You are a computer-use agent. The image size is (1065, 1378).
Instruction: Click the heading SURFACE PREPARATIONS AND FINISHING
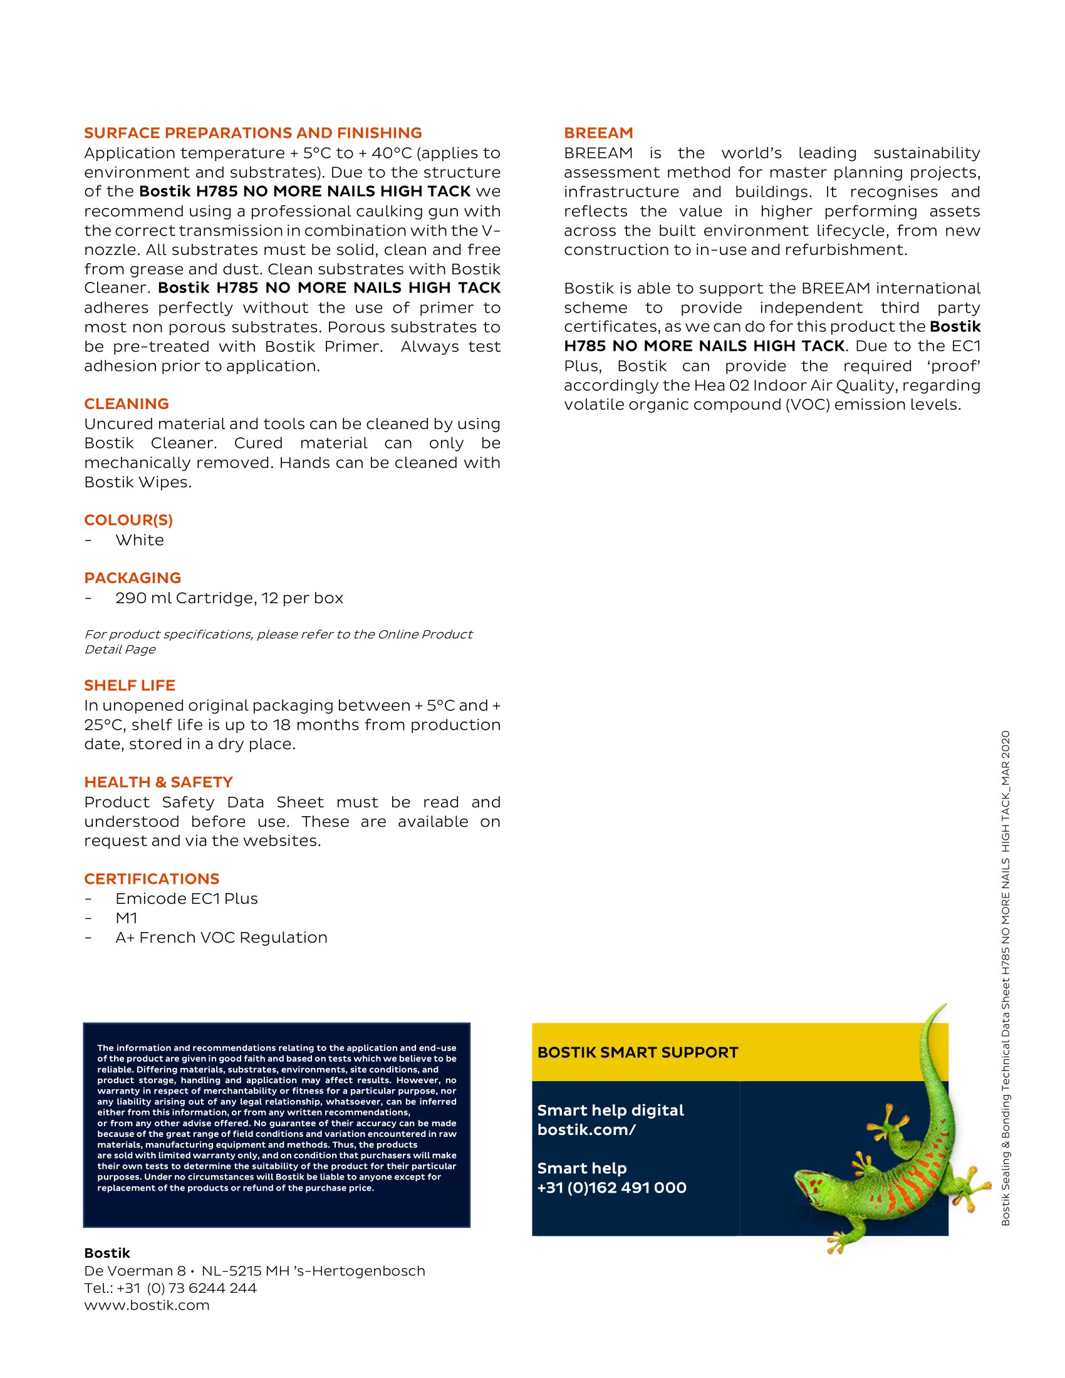coord(253,133)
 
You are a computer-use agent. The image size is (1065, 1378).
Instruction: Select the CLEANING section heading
coord(127,404)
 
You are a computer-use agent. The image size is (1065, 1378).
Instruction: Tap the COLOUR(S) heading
coord(128,520)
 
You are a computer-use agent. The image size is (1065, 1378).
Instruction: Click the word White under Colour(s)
coord(140,540)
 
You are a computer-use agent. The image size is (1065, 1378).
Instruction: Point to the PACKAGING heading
coord(132,578)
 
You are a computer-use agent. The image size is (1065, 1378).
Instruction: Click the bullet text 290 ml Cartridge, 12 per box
coord(229,598)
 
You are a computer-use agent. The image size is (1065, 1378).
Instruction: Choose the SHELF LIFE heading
coord(130,685)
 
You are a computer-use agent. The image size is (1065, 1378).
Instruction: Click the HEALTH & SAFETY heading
coord(158,782)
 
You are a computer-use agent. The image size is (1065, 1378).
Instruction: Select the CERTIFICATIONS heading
coord(152,879)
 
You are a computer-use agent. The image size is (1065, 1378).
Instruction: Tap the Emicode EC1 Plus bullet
coord(187,898)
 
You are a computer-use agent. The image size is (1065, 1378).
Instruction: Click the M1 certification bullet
coord(126,918)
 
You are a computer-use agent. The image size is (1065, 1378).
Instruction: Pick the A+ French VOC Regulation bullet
coord(221,938)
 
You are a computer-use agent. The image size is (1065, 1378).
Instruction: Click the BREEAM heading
coord(598,133)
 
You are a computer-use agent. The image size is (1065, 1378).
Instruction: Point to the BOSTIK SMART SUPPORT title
coord(637,1052)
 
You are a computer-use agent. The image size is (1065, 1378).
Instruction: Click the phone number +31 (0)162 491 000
coord(611,1188)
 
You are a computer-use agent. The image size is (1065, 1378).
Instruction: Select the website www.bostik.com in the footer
coord(147,1305)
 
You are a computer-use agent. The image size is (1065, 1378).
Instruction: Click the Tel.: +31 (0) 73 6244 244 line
coord(170,1288)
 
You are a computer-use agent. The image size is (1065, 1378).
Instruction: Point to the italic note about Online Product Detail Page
coord(278,641)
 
